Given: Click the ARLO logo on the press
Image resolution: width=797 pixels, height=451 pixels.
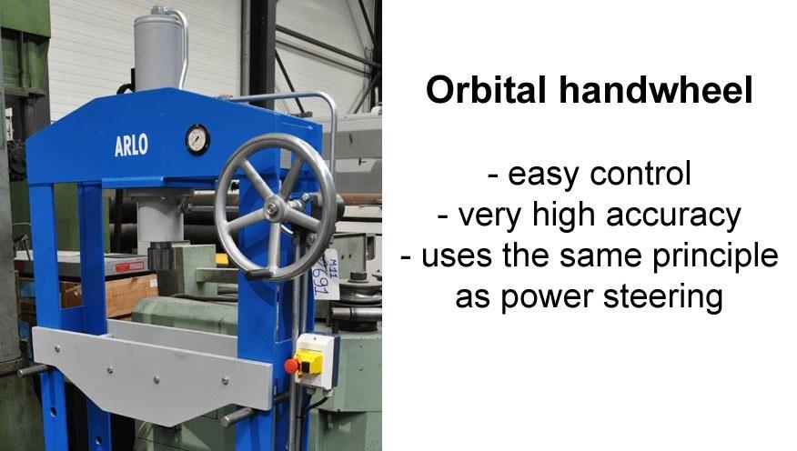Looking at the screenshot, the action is coord(131,145).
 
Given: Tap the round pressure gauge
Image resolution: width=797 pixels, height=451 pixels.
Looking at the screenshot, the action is coord(197,139).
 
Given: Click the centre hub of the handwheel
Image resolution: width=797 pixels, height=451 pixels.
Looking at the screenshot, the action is coord(276,207).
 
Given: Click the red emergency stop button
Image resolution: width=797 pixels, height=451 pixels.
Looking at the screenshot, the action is coord(291,366).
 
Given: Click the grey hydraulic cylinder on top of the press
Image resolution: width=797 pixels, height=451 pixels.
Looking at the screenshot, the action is coord(157,51).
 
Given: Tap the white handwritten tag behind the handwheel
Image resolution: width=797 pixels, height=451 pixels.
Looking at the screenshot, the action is coord(326,275).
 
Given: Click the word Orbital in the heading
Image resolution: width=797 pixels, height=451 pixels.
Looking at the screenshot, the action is coord(486,90).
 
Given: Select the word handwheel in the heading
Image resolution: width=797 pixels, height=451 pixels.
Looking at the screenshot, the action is coord(656,90).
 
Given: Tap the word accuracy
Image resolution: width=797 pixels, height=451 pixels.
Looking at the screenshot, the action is coord(673,216).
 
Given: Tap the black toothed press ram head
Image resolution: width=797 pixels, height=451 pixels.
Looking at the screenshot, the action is coord(161,256).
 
